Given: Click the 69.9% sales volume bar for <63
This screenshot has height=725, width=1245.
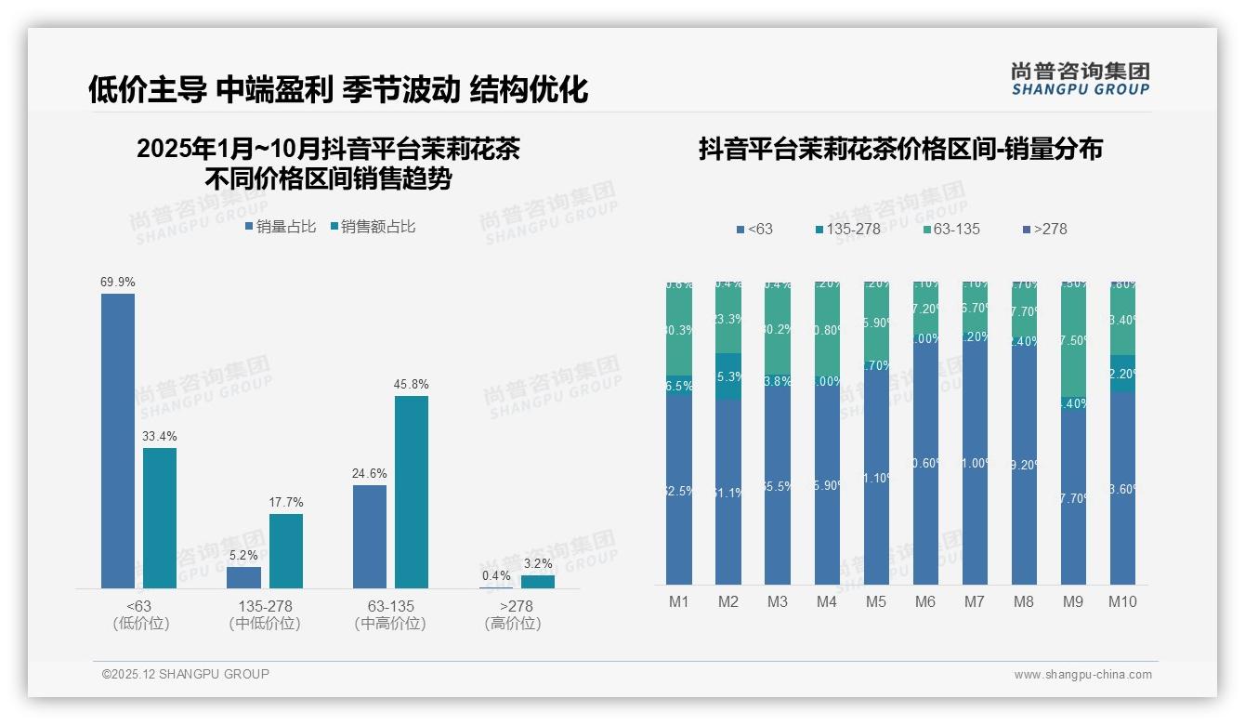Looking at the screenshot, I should (118, 441).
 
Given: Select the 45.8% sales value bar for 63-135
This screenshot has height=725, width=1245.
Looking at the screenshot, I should (412, 492).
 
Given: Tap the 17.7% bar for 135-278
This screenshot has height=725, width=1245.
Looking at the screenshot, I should (286, 550).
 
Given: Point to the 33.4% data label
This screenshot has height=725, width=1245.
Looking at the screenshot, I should (159, 437).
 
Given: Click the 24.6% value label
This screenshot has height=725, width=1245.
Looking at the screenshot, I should (369, 474).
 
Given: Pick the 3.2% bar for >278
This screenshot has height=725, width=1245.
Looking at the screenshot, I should (537, 581).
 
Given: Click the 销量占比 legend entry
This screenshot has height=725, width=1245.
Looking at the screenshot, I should (281, 226).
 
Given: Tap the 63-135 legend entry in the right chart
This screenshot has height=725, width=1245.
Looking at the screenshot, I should (952, 229).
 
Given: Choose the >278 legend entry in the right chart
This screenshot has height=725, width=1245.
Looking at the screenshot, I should (1044, 229).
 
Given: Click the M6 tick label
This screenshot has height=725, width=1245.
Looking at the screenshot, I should (924, 601).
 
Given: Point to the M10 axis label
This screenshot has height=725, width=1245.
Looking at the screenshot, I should (1122, 601).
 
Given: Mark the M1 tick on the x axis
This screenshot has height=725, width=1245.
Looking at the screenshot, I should (679, 601).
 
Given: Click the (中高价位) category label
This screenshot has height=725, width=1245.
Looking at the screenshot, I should (390, 624).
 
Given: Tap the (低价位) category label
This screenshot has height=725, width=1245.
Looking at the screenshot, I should (141, 624).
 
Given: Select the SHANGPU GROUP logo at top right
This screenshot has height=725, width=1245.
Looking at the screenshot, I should (1080, 79).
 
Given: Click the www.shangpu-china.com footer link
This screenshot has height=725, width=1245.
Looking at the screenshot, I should (1082, 675).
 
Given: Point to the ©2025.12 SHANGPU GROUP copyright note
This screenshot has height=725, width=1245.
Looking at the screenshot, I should (186, 674).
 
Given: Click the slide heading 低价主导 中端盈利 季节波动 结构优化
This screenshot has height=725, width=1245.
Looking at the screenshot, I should (338, 89).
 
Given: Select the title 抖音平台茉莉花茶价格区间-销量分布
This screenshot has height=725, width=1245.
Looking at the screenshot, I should (900, 150).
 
